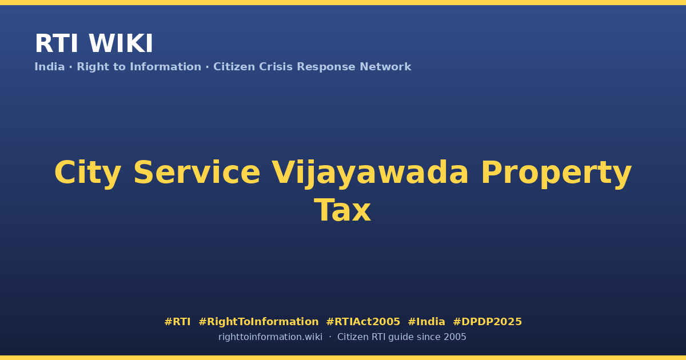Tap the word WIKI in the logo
point(121,43)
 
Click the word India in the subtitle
point(50,67)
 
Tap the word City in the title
point(87,173)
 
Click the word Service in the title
point(197,173)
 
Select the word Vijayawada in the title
point(370,173)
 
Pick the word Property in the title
point(556,173)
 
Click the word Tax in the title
point(342,210)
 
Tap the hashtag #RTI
point(177,322)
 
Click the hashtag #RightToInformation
point(258,322)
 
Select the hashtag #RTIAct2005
point(363,322)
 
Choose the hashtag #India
point(426,322)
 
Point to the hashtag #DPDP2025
point(487,322)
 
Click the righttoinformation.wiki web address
point(270,337)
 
